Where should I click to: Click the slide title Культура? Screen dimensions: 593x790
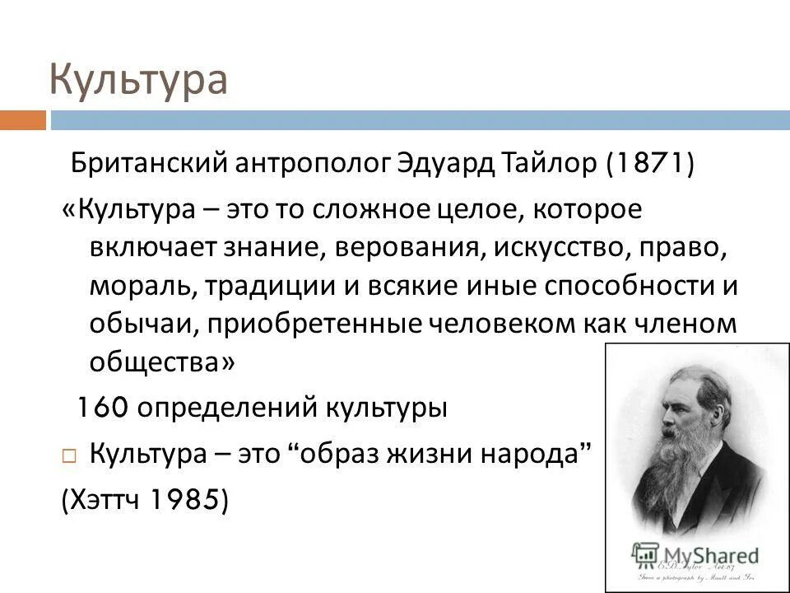(137, 79)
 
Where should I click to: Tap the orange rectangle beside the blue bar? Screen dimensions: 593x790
(22, 120)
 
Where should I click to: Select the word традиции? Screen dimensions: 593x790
(262, 286)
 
